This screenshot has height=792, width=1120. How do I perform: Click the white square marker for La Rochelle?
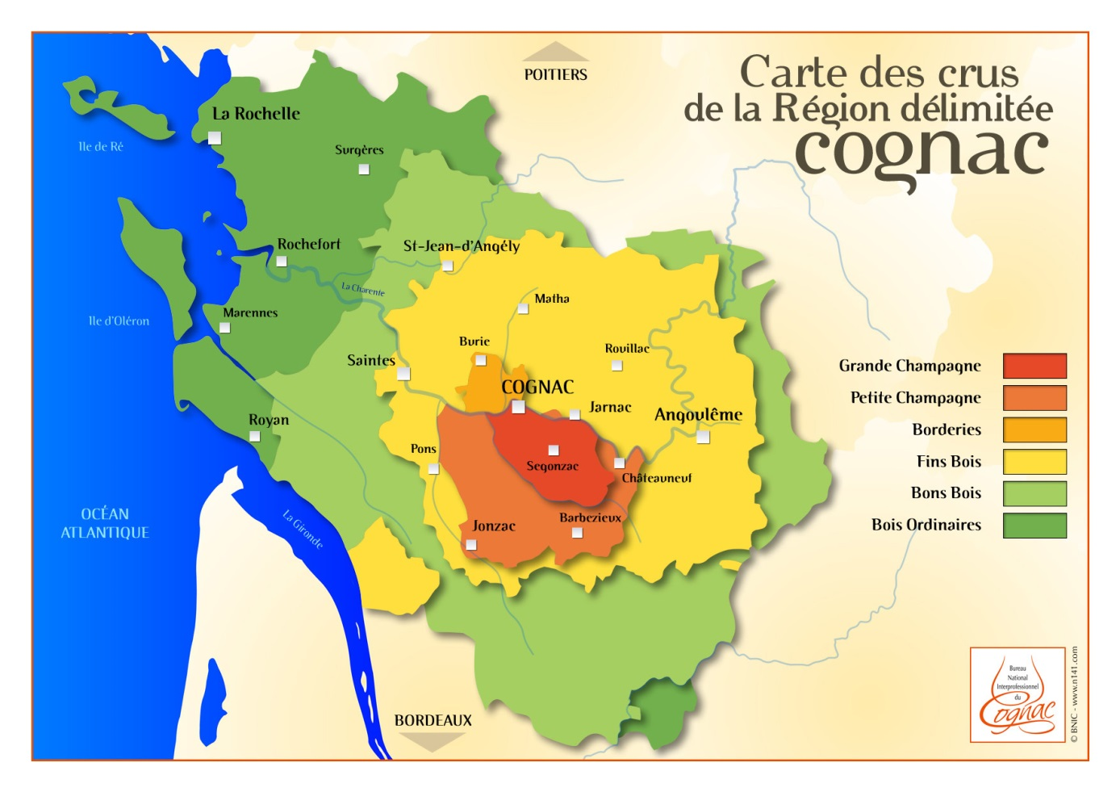[215, 138]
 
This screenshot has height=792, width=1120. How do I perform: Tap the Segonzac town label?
[552, 466]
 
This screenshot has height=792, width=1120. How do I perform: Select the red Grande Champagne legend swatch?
[1034, 366]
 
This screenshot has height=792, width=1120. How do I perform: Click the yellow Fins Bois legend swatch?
[1034, 462]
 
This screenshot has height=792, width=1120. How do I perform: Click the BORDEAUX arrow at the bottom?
[433, 742]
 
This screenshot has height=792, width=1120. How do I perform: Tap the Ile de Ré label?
[101, 146]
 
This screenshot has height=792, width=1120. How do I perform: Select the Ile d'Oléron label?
[119, 321]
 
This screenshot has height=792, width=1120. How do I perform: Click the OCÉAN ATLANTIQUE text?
[105, 523]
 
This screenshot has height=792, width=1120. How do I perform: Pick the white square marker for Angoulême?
[703, 437]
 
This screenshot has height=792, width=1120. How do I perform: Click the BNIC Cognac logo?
[1018, 694]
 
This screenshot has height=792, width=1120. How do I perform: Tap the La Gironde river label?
[303, 529]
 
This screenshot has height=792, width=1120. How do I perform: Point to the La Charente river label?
[362, 289]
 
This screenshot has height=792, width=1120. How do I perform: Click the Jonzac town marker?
[471, 545]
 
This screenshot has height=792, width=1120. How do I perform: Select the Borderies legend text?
[947, 430]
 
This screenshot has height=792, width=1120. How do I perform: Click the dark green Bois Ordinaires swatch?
[1034, 526]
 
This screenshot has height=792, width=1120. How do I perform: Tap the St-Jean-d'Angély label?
[461, 246]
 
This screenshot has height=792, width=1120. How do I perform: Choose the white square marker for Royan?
[255, 437]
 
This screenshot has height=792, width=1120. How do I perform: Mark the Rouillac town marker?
[617, 366]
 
